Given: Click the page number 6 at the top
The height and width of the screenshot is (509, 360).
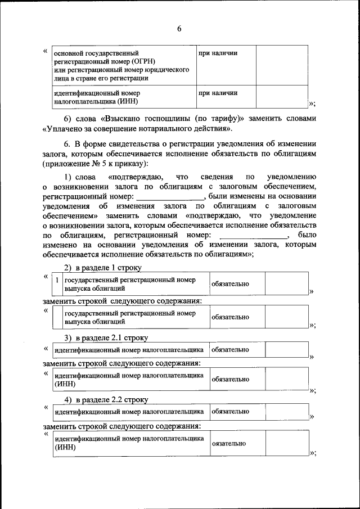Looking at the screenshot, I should (179, 29).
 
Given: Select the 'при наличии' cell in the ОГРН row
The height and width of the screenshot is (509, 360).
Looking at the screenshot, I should (218, 53).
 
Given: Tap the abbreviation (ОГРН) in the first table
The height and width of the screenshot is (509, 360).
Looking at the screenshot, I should (142, 61).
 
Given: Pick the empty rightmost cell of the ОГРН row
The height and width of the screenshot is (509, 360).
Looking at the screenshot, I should (282, 65).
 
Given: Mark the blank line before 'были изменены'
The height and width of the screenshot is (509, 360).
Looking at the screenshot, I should (170, 197).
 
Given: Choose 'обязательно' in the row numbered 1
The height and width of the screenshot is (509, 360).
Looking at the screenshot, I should (231, 284).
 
